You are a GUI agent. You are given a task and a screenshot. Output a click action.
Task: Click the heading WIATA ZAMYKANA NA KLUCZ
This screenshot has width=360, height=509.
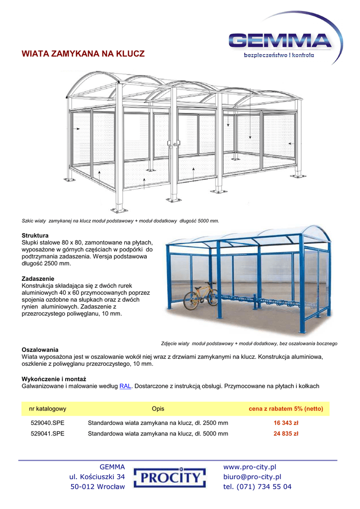tap(83, 54)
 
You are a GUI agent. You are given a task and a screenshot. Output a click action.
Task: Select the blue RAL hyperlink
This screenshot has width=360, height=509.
tap(125, 386)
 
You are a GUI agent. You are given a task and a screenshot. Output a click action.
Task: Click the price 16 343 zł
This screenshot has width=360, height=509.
tap(285, 423)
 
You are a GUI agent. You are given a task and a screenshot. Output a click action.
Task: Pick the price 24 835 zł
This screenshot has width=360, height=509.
tap(285, 433)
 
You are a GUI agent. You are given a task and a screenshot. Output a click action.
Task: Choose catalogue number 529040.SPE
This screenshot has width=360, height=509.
tap(48, 423)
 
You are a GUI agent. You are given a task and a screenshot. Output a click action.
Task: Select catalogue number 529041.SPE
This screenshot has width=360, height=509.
tap(48, 433)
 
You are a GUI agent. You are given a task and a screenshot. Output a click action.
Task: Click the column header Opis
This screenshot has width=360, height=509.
tap(158, 409)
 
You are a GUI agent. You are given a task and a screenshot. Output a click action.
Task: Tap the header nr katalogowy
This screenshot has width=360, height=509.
tap(48, 409)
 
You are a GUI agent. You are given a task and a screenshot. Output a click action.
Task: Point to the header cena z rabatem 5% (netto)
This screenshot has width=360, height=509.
tap(285, 409)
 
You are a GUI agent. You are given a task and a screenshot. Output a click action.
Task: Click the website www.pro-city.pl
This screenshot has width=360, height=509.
tap(250, 467)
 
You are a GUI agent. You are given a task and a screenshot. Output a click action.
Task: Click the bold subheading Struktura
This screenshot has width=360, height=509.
tap(35, 235)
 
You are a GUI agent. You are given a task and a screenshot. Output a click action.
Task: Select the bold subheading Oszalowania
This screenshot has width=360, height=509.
tap(40, 349)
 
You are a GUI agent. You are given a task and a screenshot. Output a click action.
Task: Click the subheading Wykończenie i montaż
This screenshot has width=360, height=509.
tap(54, 379)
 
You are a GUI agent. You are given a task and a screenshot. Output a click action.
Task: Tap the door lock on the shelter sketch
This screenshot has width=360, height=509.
tap(173, 144)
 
